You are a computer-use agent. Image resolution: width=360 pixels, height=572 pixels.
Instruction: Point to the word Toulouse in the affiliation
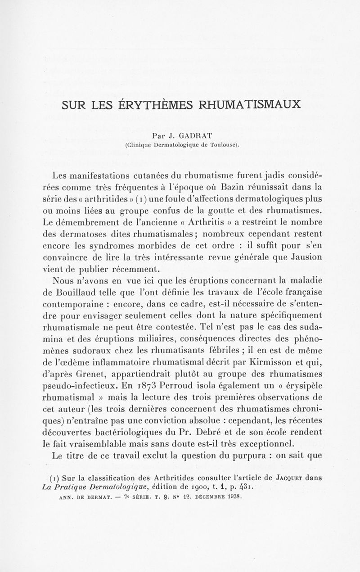pos(220,145)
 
